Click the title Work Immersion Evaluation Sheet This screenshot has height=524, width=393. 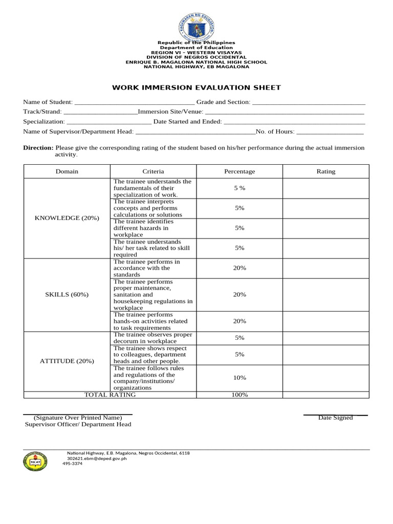pos(196,88)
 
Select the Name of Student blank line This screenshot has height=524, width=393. pos(134,103)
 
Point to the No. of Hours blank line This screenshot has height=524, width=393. pos(330,132)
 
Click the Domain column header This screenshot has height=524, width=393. pos(67,171)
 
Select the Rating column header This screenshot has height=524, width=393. pos(326,171)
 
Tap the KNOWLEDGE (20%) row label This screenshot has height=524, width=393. pos(67,218)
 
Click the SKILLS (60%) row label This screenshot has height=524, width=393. pos(67,295)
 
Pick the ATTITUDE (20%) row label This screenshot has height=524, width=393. pos(67,361)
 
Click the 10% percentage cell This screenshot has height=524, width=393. pos(239,378)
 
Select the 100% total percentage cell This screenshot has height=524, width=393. pos(239,395)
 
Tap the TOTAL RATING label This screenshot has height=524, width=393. pos(110,395)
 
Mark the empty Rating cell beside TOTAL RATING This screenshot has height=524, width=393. pos(325,395)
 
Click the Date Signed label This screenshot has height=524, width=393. pos(335,418)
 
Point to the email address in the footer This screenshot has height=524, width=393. pos(97,458)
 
